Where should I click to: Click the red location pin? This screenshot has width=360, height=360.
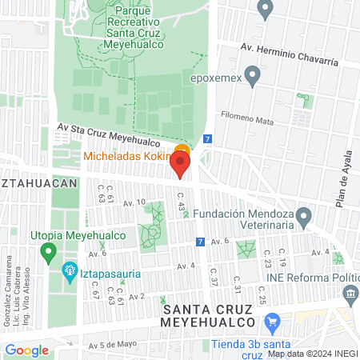click(180, 165)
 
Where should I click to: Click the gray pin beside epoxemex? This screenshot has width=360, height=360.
click(254, 77)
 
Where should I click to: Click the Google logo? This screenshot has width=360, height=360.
click(26, 350)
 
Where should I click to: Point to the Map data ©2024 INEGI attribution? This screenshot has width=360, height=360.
click(311, 353)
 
